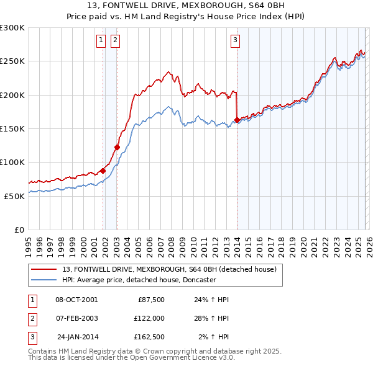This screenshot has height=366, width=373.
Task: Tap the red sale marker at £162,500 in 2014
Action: pos(237,120)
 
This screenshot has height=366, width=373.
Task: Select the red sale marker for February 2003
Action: pos(117,148)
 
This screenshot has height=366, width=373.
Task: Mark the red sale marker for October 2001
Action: pos(103,171)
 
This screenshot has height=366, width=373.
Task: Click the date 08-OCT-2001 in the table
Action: pos(76,300)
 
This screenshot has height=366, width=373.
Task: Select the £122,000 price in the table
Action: pos(149,318)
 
